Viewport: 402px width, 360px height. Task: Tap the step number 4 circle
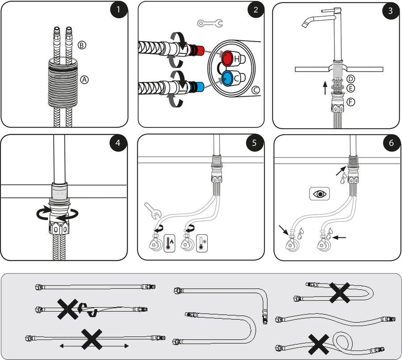pos(118,143)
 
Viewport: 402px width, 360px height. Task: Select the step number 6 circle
pos(391,143)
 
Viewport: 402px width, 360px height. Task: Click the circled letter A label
pos(85,80)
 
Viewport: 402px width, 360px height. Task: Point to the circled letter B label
pos(82,45)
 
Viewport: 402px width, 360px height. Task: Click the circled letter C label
pos(255,90)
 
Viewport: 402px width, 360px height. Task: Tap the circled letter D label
pos(351,79)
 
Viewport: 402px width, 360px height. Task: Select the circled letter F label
pos(351,102)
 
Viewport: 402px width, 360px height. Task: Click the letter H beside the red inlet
pos(237,59)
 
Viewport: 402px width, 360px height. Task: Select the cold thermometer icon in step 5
pos(204,243)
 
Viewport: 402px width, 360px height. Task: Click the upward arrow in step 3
pos(325,87)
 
